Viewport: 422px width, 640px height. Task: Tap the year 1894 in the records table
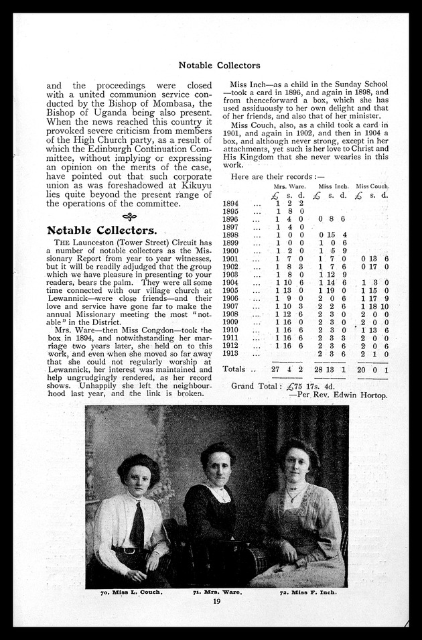coord(230,203)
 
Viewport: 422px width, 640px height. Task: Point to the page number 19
coord(216,601)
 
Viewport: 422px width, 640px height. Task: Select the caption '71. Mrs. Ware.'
coord(218,593)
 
